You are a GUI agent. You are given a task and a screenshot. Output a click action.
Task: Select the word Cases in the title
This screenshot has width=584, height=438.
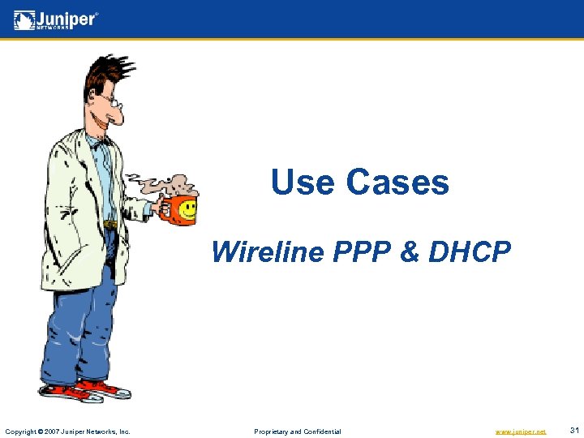[397, 182]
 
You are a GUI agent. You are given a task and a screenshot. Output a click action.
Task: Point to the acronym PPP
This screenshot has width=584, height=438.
[360, 252]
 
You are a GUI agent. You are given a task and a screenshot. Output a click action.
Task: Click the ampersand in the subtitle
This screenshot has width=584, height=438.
[409, 252]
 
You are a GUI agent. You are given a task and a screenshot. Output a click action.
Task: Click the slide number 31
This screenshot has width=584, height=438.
[573, 431]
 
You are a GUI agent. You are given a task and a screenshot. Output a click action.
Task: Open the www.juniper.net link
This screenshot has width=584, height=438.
[521, 432]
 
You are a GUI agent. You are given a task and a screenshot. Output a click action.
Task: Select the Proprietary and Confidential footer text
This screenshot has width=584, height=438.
[298, 432]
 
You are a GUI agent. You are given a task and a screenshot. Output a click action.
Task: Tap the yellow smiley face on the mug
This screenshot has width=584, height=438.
[187, 209]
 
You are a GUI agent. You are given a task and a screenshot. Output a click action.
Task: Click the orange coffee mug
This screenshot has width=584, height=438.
[177, 209]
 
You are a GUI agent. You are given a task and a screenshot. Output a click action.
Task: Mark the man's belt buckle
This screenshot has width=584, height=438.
[110, 224]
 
